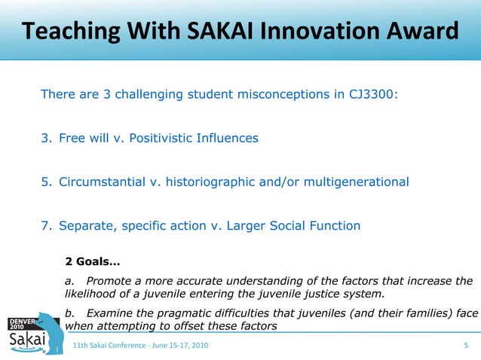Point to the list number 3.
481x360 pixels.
(x=44, y=139)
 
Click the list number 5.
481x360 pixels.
(x=44, y=182)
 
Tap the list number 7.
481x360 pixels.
(x=44, y=226)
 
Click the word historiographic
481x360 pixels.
(x=207, y=182)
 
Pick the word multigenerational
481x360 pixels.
(x=356, y=182)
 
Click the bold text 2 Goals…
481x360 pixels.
(x=92, y=263)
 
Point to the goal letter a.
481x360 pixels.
(x=69, y=282)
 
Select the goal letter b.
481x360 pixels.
(x=69, y=313)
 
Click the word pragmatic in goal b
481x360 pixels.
(x=186, y=313)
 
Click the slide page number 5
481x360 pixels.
(x=466, y=345)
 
